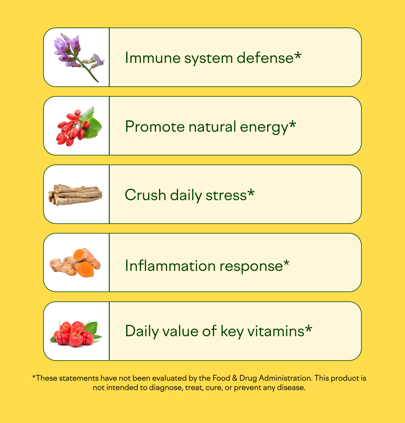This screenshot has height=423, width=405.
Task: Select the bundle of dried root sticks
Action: pyautogui.click(x=75, y=195)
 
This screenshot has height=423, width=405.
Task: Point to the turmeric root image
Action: pyautogui.click(x=75, y=263)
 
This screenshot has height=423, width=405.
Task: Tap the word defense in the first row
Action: pyautogui.click(x=265, y=58)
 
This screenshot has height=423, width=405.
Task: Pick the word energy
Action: pyautogui.click(x=264, y=127)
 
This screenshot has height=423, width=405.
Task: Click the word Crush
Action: pyautogui.click(x=145, y=195)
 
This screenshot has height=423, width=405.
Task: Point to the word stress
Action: pyautogui.click(x=226, y=195)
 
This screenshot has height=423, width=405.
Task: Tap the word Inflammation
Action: pyautogui.click(x=170, y=266)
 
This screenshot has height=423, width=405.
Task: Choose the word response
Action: pyautogui.click(x=251, y=267)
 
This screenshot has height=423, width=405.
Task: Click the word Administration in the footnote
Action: pyautogui.click(x=285, y=378)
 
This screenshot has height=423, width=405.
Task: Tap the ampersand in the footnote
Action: pyautogui.click(x=235, y=378)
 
